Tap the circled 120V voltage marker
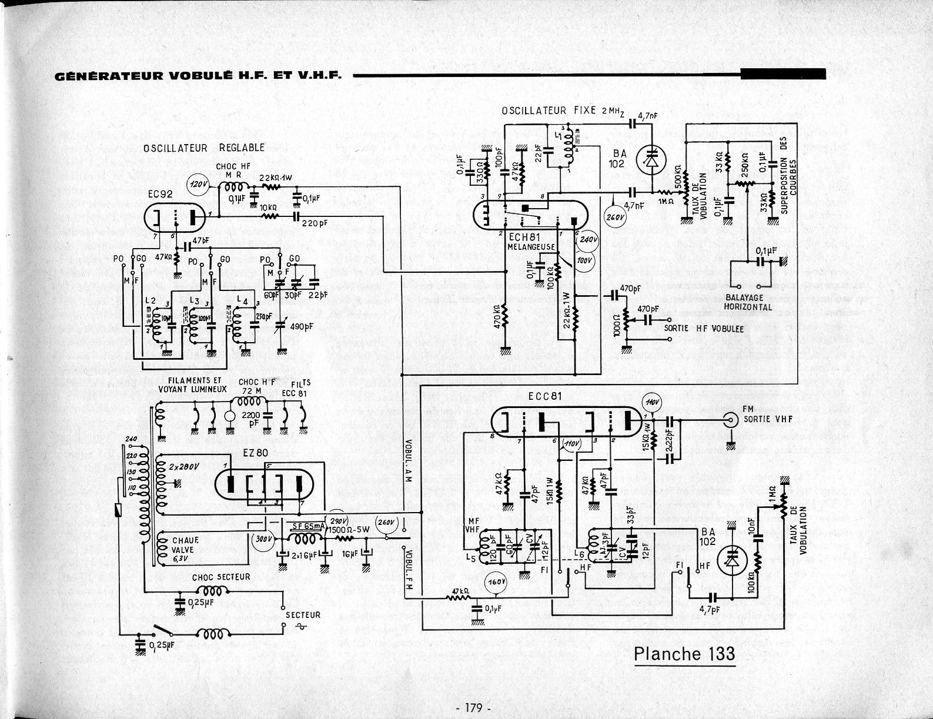click(197, 185)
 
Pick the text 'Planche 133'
click(684, 654)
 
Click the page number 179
click(473, 707)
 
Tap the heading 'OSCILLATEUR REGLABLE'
click(204, 148)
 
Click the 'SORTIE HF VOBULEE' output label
click(704, 329)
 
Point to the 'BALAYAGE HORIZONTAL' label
click(748, 302)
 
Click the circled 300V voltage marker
click(262, 539)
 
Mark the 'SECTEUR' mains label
click(303, 615)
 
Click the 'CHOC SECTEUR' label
click(220, 577)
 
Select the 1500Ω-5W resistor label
click(349, 528)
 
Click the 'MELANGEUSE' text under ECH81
click(531, 247)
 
